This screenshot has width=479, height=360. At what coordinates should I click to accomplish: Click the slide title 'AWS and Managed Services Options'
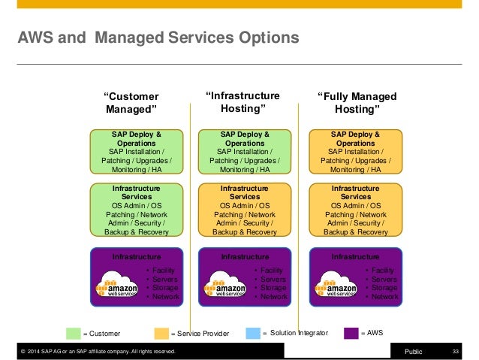pyautogui.click(x=158, y=37)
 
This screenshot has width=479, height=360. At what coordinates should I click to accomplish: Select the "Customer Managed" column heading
pyautogui.click(x=131, y=103)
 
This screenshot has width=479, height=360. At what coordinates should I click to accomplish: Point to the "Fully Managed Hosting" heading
pyautogui.click(x=356, y=103)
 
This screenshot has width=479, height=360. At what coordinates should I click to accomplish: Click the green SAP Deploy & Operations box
pyautogui.click(x=137, y=152)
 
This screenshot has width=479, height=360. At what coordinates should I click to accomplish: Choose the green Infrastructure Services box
pyautogui.click(x=137, y=210)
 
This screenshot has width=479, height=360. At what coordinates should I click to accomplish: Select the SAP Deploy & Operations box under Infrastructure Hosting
pyautogui.click(x=245, y=152)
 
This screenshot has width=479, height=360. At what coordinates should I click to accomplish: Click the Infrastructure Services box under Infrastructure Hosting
pyautogui.click(x=245, y=210)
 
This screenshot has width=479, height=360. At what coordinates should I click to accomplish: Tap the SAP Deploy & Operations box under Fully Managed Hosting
pyautogui.click(x=356, y=152)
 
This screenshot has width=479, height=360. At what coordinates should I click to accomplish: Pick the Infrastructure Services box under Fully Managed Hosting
pyautogui.click(x=356, y=210)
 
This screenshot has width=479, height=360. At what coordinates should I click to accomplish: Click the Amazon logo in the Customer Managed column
pyautogui.click(x=117, y=288)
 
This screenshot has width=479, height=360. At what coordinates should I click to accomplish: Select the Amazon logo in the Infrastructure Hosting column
pyautogui.click(x=225, y=288)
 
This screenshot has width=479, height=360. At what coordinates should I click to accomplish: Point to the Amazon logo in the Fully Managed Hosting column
pyautogui.click(x=336, y=288)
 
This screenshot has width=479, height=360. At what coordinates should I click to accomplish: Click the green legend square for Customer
pyautogui.click(x=73, y=333)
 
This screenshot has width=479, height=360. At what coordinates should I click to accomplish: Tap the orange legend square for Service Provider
pyautogui.click(x=161, y=333)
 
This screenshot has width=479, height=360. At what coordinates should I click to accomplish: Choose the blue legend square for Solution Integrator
pyautogui.click(x=253, y=333)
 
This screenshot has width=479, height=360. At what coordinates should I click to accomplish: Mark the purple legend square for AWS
pyautogui.click(x=351, y=333)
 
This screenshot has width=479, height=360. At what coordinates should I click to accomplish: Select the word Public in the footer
pyautogui.click(x=414, y=351)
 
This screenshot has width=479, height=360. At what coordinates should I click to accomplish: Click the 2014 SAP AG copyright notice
pyautogui.click(x=98, y=351)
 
